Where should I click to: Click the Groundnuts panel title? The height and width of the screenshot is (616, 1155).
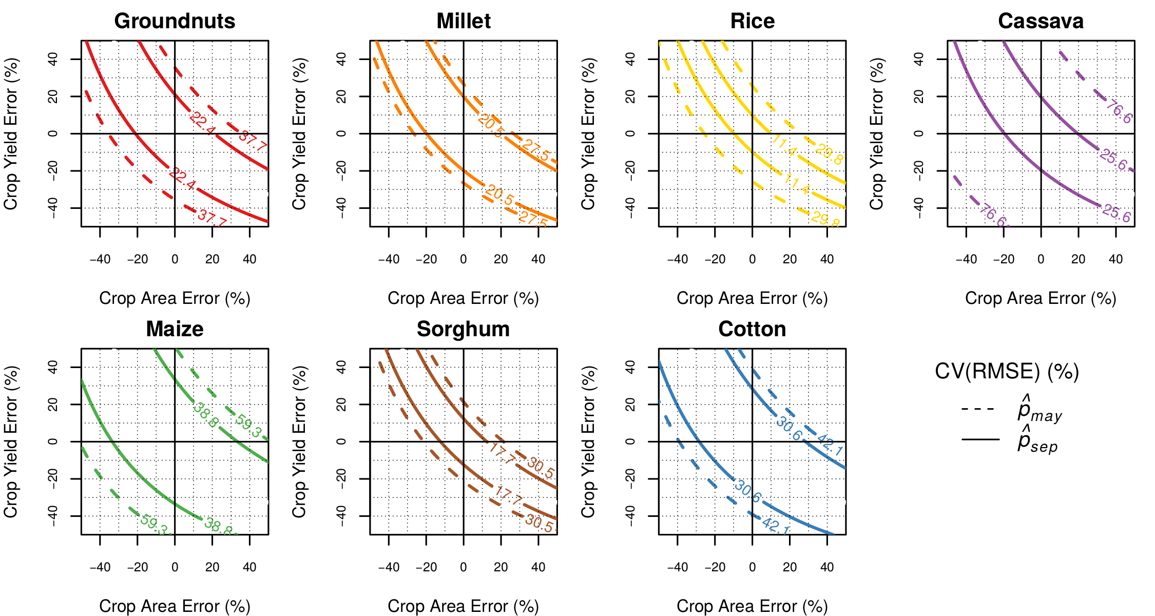[x=175, y=21]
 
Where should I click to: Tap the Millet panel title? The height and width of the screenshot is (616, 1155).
[x=464, y=21]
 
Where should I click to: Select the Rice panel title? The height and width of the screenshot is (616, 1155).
[x=752, y=21]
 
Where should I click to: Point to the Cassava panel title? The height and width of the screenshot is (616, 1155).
[x=1041, y=21]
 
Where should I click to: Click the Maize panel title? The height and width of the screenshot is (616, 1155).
[x=175, y=329]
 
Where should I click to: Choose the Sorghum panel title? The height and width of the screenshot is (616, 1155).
[x=463, y=329]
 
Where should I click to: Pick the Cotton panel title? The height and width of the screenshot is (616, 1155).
[x=752, y=329]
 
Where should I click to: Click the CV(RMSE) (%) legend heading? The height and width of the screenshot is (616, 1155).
[x=1007, y=371]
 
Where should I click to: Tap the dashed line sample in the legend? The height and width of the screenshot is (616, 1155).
[x=978, y=409]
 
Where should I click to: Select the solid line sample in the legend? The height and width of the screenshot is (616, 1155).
[x=980, y=439]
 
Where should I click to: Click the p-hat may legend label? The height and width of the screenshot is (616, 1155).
[x=1039, y=411]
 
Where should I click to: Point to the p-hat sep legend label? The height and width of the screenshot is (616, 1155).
[x=1037, y=441]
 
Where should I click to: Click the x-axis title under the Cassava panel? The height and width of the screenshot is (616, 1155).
[x=1041, y=298]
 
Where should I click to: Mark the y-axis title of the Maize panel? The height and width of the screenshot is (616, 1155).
[x=11, y=441]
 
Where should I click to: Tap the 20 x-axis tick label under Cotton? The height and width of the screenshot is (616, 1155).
[x=790, y=567]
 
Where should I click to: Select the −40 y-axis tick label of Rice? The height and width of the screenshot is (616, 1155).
[x=630, y=207]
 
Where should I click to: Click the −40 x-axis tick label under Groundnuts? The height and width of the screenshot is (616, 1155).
[x=100, y=259]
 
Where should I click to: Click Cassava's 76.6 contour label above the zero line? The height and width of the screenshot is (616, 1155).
[x=1118, y=112]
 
